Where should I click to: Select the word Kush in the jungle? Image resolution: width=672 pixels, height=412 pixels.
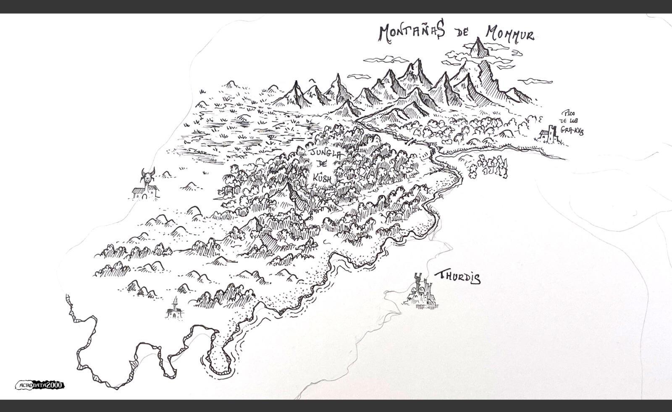(322, 178)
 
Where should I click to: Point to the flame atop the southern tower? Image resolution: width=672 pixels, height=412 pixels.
(175, 300)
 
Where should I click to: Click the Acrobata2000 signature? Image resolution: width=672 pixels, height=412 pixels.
(40, 385)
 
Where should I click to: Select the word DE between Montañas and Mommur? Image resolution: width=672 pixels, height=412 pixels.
(464, 34)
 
